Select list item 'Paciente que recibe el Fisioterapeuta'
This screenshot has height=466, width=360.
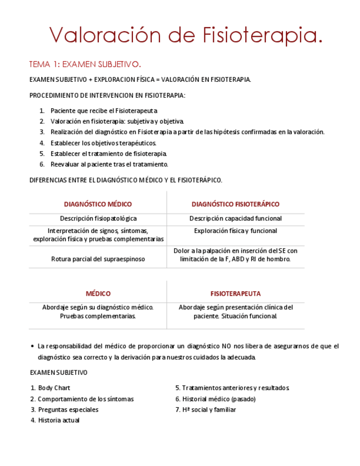104,110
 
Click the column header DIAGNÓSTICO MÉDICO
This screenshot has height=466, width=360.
98,204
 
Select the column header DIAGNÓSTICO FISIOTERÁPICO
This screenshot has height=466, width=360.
235,204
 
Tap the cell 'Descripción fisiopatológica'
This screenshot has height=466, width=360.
98,219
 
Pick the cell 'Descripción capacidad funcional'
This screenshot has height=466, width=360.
235,219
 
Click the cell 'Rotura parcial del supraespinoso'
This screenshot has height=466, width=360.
98,259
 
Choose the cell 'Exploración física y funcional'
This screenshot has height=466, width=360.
235,231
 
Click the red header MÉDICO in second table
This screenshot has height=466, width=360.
98,293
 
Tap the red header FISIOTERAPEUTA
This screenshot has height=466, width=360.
235,293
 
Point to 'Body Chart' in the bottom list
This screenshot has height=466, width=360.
54,388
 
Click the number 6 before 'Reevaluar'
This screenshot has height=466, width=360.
42,164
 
